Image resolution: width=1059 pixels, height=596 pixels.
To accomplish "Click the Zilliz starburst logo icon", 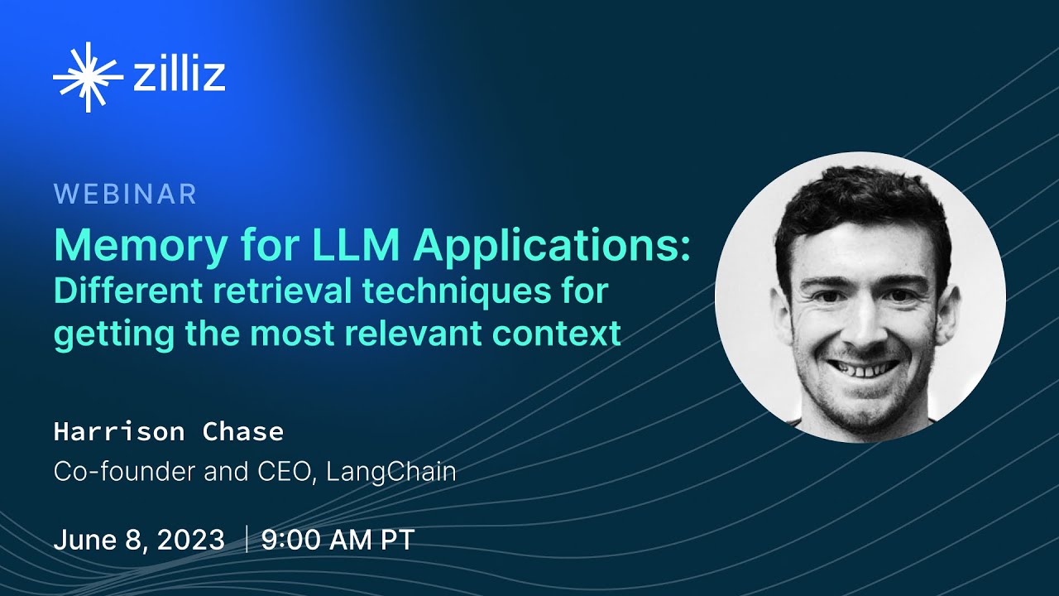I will (87, 77).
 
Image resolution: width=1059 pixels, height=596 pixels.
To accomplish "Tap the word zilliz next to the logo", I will (178, 75).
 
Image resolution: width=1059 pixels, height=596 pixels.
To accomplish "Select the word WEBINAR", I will (126, 194).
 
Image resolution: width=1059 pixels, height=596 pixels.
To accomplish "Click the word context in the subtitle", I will (570, 333).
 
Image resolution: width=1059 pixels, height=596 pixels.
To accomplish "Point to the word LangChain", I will (391, 472).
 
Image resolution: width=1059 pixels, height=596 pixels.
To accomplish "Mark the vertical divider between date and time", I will (246, 540).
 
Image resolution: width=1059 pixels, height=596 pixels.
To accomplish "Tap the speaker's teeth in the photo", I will (864, 368).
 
